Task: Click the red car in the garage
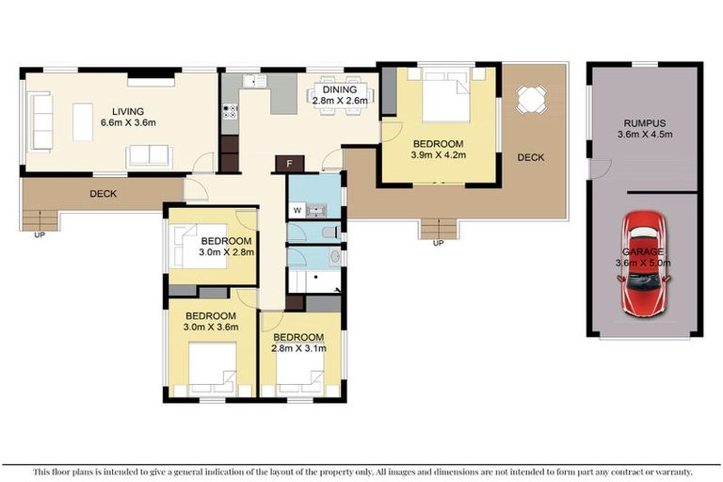pos(644,264)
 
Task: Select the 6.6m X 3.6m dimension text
pos(127,121)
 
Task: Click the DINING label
pos(338,90)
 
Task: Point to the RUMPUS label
pos(644,122)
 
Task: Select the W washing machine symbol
pos(297,210)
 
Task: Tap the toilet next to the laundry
pos(329,233)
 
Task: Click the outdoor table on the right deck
pos(530,97)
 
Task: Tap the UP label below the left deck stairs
pos(38,236)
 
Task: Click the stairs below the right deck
pos(437,227)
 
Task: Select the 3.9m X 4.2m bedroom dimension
pos(440,155)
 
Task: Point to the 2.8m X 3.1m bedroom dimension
pos(298,348)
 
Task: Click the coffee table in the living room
pos(83,122)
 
